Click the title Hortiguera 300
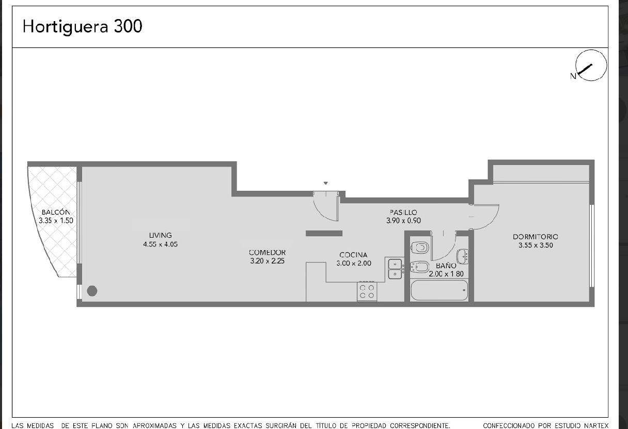click(83, 27)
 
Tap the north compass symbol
click(591, 65)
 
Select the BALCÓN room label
click(56, 212)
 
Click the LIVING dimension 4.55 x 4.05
click(161, 244)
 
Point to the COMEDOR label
click(267, 253)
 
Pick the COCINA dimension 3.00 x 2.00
click(354, 263)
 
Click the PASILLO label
click(403, 212)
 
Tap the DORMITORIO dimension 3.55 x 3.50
click(536, 245)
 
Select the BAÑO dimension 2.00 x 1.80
click(446, 274)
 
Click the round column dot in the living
click(92, 291)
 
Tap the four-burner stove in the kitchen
click(367, 291)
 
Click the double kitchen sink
click(395, 269)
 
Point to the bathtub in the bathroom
click(439, 290)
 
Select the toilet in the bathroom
click(419, 247)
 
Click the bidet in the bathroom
click(419, 267)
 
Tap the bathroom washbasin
click(462, 256)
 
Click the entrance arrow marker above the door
click(325, 183)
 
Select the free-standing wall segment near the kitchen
click(324, 234)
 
